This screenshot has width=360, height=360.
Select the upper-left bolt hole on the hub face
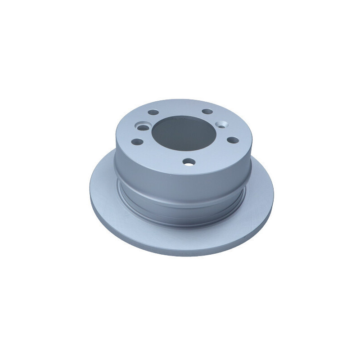click(153, 112)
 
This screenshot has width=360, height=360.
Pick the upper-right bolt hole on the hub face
click(207, 111)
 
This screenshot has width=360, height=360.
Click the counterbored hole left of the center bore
click(142, 128)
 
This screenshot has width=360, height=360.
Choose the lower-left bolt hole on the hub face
click(138, 142)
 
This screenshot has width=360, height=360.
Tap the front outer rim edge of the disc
click(180, 254)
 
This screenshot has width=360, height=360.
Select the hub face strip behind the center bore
click(180, 105)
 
